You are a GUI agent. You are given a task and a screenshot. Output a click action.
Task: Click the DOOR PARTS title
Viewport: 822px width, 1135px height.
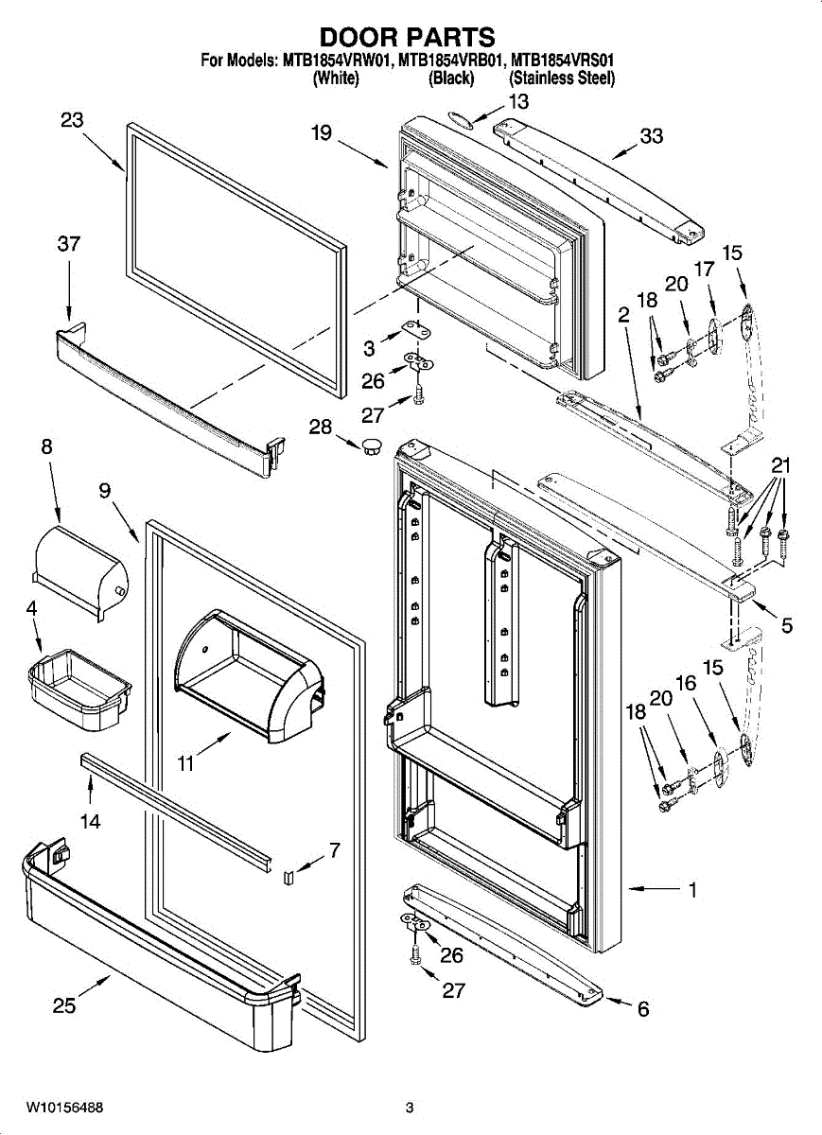coord(408,37)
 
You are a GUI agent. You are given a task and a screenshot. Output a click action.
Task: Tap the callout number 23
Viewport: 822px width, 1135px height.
coord(72,120)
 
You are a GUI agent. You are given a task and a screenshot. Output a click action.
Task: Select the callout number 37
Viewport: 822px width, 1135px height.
coord(68,243)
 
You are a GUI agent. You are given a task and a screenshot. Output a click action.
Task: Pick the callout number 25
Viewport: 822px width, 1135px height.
coord(64,1005)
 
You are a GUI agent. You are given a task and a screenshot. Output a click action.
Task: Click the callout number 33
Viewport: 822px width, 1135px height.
coord(651,136)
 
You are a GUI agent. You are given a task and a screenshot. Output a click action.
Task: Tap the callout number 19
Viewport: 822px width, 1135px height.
coord(321,133)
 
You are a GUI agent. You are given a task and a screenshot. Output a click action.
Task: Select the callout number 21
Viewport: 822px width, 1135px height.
coord(779,465)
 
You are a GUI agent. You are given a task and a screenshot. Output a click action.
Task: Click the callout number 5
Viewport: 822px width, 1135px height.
coord(787,625)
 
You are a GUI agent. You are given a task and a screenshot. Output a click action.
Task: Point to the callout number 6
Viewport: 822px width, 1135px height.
coord(643,1010)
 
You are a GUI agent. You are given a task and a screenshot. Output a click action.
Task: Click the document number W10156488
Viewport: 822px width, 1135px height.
coord(64,1107)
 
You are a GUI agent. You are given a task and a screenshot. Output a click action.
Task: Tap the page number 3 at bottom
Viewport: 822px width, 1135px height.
coord(410,1107)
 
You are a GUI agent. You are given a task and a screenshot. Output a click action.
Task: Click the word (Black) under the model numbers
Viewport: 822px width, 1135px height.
coord(451,79)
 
